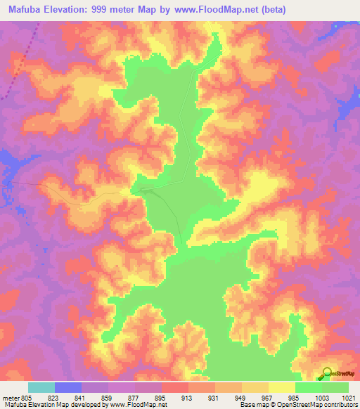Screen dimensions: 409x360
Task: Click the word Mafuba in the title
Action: coord(25,10)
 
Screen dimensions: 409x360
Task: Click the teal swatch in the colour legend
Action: coord(41,387)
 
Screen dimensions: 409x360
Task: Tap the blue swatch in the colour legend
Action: coord(67,387)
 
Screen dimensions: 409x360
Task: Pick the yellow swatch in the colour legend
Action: coord(281,387)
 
